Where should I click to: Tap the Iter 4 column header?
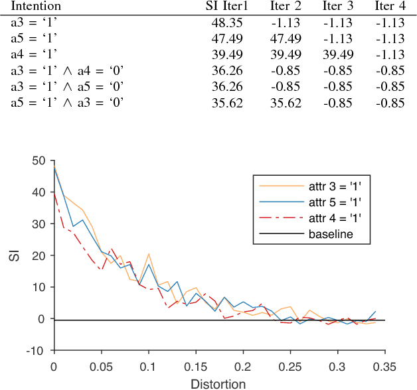(x=390, y=7)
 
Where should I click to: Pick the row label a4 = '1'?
(x=33, y=54)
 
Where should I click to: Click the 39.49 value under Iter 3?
(x=337, y=54)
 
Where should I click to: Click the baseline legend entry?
(x=330, y=233)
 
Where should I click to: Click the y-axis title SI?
(x=14, y=255)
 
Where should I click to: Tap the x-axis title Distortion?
(x=219, y=383)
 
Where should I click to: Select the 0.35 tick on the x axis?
(x=384, y=366)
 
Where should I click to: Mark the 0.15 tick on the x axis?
(x=195, y=366)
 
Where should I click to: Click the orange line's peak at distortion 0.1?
(x=149, y=254)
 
